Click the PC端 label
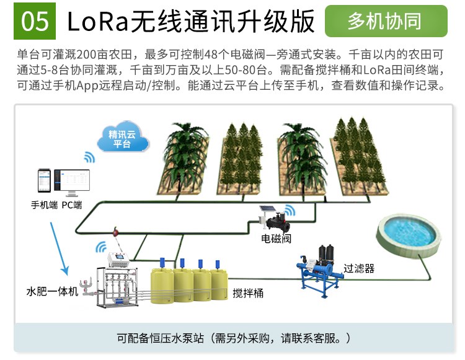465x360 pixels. pos(72,204)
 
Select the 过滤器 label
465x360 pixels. pos(359,268)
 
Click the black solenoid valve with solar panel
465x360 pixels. pos(276,217)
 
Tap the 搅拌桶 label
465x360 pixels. pos(248,293)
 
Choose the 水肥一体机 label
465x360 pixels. pos(52,291)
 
